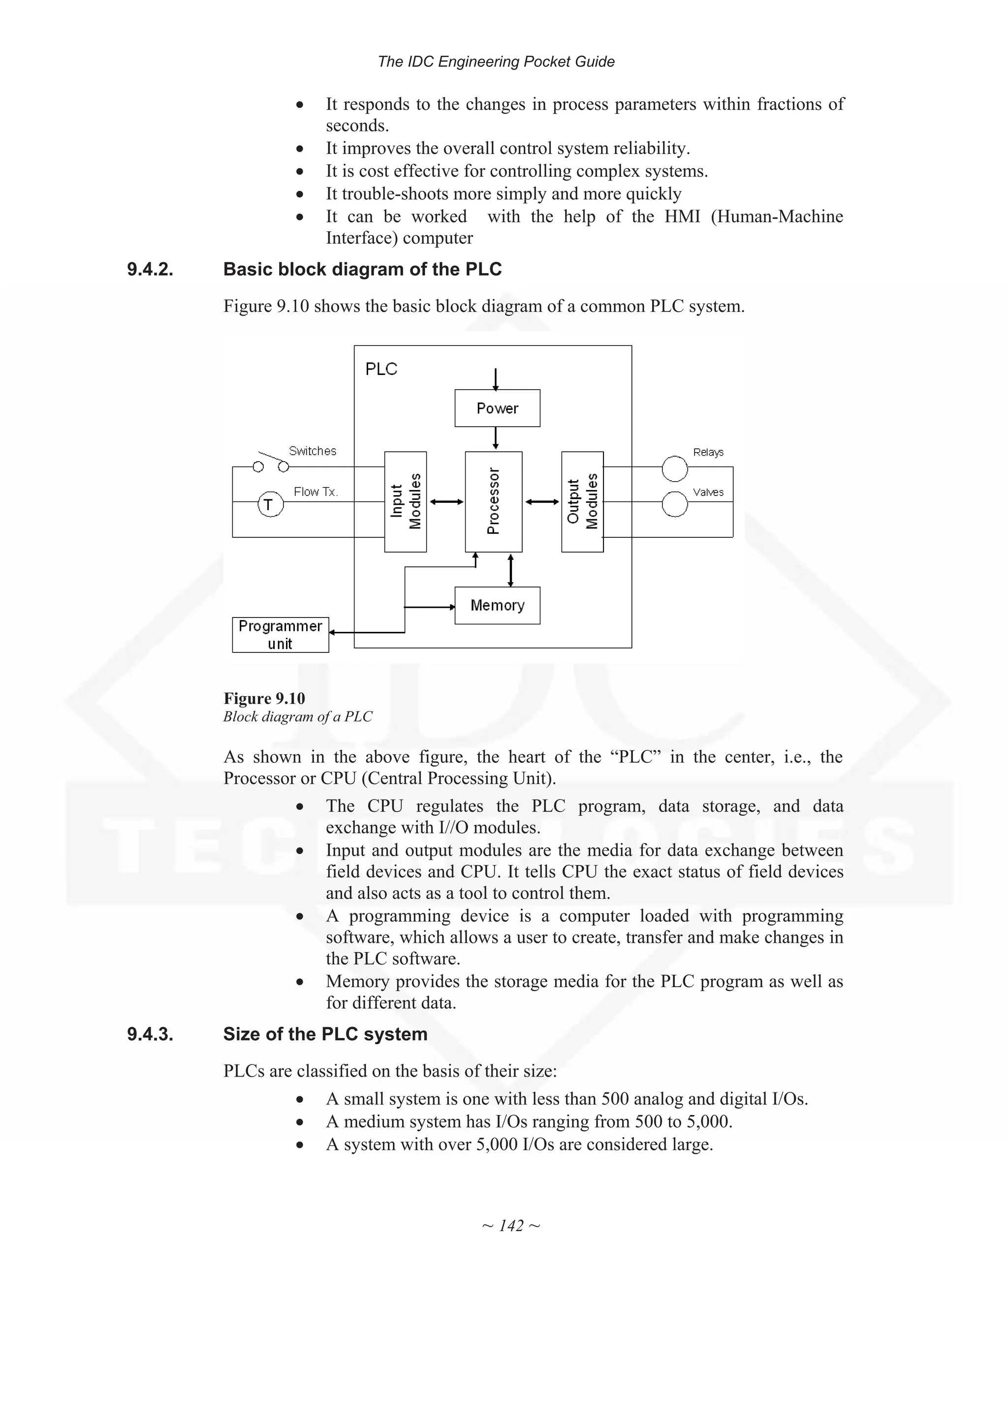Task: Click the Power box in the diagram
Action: (497, 408)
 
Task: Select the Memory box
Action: (497, 605)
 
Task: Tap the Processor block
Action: (493, 501)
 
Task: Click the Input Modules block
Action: (405, 501)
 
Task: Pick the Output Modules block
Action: (582, 501)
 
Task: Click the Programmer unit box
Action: (280, 634)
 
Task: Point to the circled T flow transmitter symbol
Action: (270, 504)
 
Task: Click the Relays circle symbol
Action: (674, 469)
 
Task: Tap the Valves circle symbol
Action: (674, 504)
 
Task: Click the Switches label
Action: (313, 451)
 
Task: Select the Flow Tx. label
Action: (315, 492)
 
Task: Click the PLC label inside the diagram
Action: (381, 369)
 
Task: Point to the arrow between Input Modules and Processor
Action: (446, 502)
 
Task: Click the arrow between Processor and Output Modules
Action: (541, 502)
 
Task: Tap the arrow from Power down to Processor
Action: (495, 438)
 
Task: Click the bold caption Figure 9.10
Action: (264, 698)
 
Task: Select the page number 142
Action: (510, 1225)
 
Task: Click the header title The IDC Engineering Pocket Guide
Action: (496, 62)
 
